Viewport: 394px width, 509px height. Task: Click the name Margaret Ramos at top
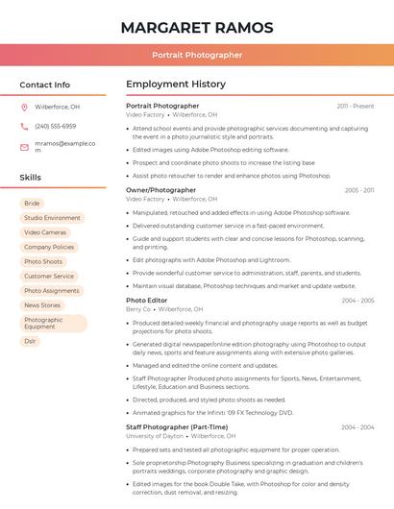196,27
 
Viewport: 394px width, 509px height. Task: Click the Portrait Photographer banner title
196,55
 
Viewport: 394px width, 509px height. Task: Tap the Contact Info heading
45,85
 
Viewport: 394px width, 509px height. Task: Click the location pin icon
24,107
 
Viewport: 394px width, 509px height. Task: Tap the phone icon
24,126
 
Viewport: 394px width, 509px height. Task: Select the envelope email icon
24,147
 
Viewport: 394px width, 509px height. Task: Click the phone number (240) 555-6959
55,126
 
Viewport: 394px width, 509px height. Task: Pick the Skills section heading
30,178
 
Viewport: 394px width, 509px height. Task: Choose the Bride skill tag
32,204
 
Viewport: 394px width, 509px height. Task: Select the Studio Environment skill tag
52,218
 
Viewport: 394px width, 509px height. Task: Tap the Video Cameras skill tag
45,232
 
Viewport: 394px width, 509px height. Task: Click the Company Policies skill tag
49,247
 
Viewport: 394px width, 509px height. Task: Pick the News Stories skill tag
42,305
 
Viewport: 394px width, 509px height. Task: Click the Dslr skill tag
30,341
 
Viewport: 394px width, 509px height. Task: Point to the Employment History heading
176,85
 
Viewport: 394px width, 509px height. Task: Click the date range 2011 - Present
356,106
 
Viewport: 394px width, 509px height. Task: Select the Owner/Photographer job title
160,190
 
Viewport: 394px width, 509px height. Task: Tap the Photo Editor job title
146,301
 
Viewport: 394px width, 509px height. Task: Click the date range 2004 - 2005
357,301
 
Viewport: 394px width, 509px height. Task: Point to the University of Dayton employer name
154,436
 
